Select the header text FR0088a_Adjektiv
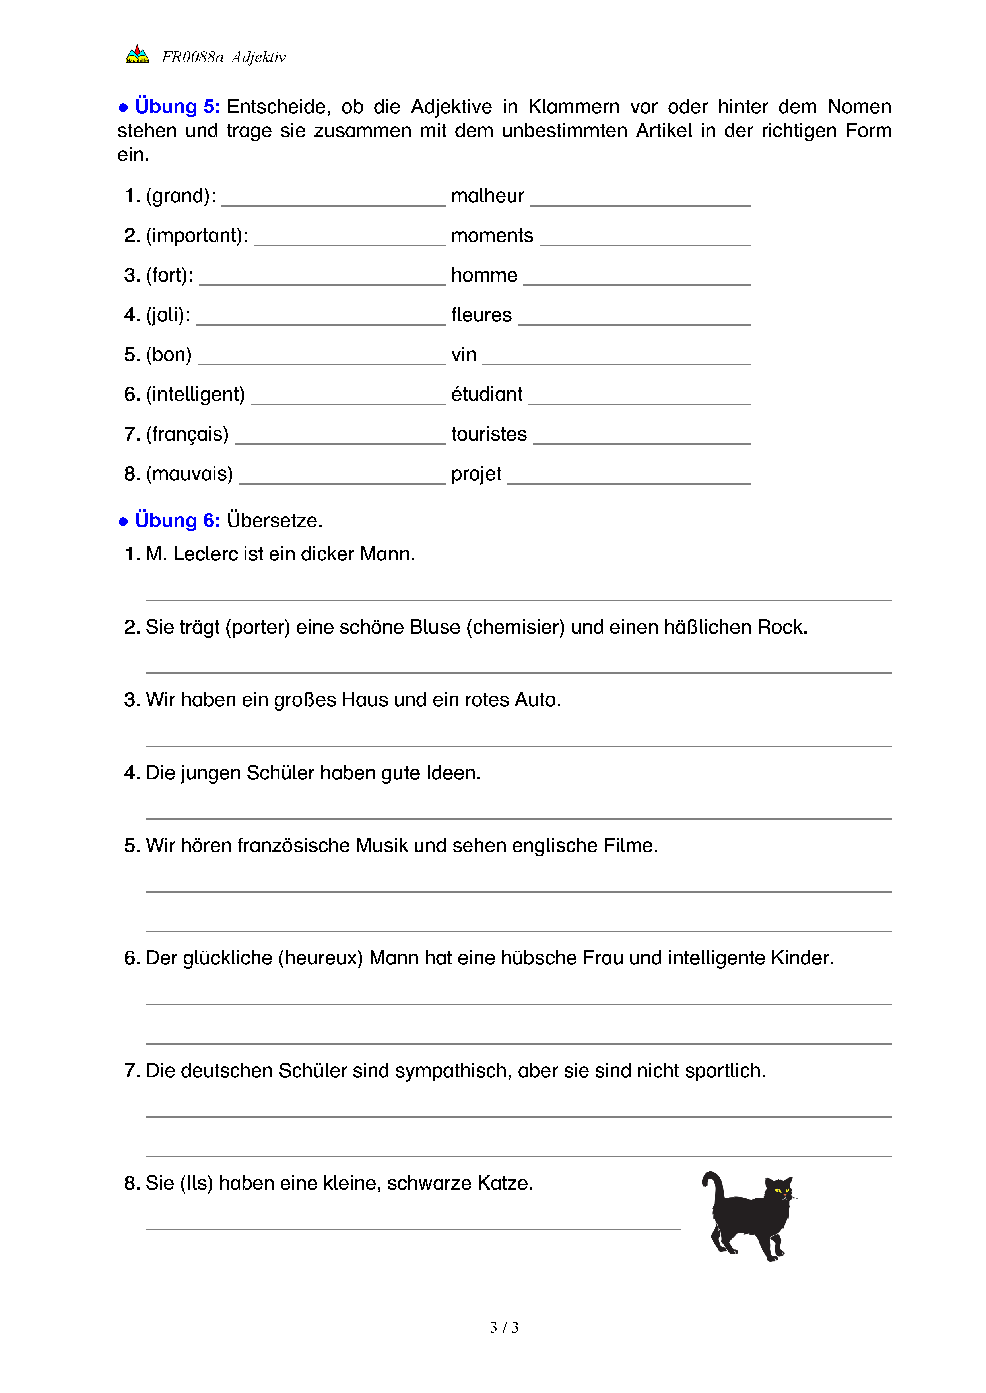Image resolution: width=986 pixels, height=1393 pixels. coord(223,58)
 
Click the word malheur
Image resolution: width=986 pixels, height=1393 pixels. coord(487,196)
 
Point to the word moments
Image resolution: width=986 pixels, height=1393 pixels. coord(492,236)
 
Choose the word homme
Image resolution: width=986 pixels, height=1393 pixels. coord(484,275)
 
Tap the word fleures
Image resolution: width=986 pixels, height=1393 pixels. coord(481,315)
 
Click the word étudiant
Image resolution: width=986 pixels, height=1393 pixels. coord(486,394)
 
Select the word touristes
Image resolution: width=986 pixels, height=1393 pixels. coord(489,435)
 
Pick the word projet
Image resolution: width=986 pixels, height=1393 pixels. coord(476,474)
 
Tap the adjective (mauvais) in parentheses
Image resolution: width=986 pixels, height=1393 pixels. coord(189,474)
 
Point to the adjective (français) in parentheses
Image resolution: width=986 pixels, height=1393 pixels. coord(187,435)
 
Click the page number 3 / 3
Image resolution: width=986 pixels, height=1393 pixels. coord(504,1327)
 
